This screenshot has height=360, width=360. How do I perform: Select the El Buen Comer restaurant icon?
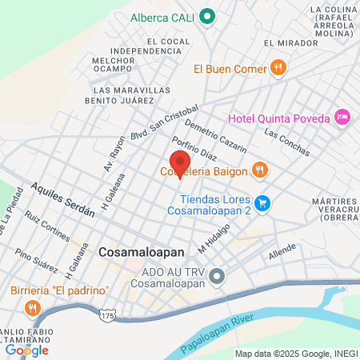(278, 68)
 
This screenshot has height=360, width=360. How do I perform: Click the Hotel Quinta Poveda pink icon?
(342, 118)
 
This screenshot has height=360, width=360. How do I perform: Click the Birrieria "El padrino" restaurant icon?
(32, 307)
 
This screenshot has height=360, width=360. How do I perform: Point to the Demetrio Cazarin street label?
(215, 135)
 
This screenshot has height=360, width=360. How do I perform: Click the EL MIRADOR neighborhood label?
(284, 43)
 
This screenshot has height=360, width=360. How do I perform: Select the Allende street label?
(282, 253)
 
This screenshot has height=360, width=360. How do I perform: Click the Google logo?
(26, 350)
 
